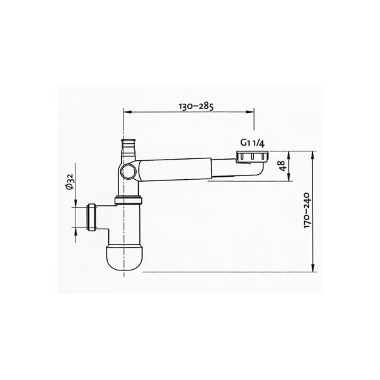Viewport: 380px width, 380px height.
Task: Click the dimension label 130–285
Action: coord(196,106)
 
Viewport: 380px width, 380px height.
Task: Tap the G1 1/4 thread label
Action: coord(252,143)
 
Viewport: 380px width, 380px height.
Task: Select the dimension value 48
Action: coord(283,166)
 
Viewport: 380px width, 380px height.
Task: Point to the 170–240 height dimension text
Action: coord(307,210)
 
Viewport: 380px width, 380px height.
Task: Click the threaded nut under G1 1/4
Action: coord(252,156)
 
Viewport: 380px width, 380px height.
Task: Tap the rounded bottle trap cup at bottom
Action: coord(124,258)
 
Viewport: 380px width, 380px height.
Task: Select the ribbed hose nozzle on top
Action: coord(129,148)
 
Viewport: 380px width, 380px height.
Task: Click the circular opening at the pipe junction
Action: coord(129,171)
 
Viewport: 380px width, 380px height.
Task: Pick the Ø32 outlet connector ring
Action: coord(91,217)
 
